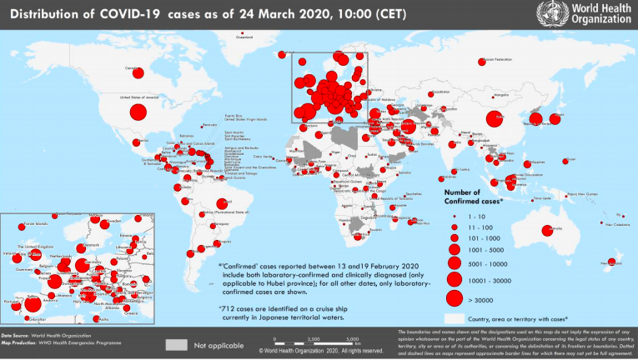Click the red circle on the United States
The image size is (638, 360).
pyautogui.click(x=138, y=112)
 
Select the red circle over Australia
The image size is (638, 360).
pyautogui.click(x=548, y=231)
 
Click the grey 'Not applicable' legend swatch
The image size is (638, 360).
pyautogui.click(x=176, y=343)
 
